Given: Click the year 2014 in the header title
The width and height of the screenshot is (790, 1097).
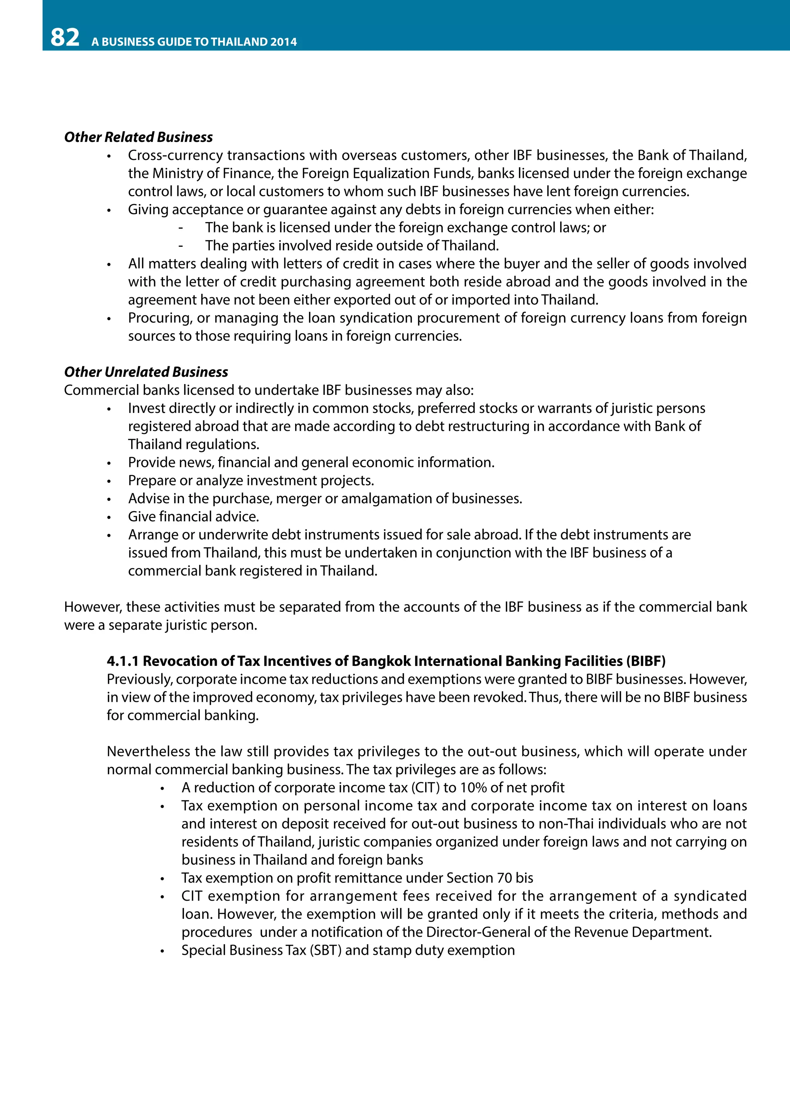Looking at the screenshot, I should [x=284, y=42].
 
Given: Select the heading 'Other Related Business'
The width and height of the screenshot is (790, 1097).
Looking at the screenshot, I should [x=138, y=137].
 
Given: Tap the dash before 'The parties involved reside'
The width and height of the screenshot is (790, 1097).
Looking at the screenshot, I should [x=181, y=246].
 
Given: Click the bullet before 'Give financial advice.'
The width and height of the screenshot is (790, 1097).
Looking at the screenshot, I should [x=109, y=517].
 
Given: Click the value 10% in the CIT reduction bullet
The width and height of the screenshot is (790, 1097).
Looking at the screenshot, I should [x=473, y=787].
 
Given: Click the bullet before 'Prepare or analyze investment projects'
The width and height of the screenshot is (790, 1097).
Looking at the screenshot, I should [x=109, y=481].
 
